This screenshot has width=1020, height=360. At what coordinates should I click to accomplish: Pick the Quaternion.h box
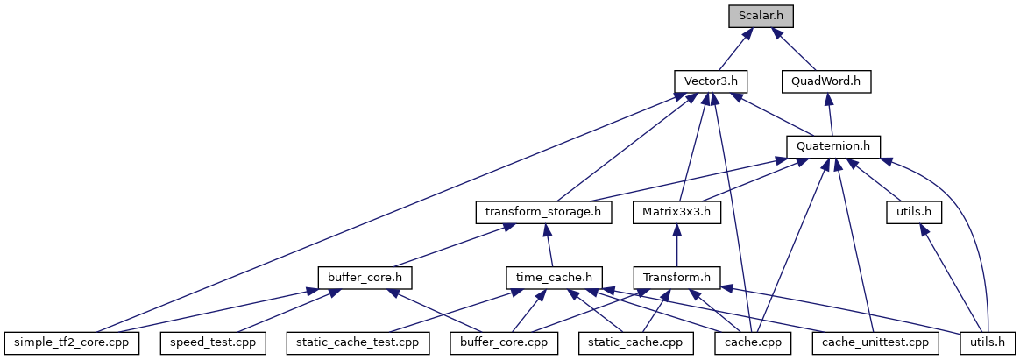(833, 146)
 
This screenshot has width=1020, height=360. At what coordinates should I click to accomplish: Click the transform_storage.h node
(543, 211)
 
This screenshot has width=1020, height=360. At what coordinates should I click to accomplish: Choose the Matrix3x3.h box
(676, 211)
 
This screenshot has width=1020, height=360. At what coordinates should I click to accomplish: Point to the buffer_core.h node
(365, 277)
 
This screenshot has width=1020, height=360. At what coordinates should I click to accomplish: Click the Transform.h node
(676, 277)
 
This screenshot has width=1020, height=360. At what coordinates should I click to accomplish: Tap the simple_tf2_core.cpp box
(72, 342)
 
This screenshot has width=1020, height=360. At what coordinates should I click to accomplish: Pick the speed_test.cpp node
(211, 342)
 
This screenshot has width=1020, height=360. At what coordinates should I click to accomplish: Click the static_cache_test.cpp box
(358, 342)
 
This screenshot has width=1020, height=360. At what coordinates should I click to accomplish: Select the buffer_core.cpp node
(504, 342)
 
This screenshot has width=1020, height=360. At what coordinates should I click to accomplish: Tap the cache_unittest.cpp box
(874, 342)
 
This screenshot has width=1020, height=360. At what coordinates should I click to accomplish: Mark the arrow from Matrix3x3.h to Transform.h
(676, 244)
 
